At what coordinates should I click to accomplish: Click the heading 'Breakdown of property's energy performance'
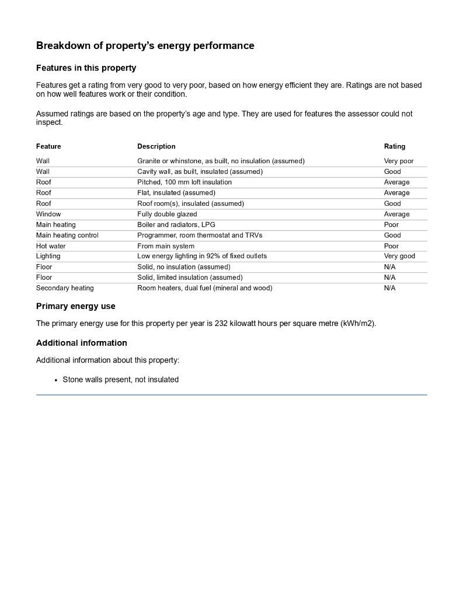(145, 45)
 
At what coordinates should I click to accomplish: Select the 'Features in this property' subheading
(86, 68)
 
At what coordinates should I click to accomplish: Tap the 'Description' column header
(156, 146)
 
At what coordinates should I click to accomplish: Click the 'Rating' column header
(394, 146)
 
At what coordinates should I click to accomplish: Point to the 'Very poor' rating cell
(398, 161)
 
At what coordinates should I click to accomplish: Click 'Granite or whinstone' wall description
(221, 161)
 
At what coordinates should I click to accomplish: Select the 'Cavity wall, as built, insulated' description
(200, 171)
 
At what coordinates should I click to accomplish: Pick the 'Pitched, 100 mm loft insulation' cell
(184, 182)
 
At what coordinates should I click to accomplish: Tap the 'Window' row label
(48, 214)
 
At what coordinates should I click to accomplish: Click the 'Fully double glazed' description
(167, 214)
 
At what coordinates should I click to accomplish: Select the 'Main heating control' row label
(67, 235)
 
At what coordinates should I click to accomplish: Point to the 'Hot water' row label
(51, 246)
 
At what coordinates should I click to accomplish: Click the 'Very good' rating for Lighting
(399, 256)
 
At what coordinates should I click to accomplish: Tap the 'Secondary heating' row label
(65, 288)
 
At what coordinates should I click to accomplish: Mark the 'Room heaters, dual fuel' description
(204, 288)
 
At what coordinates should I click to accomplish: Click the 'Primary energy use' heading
(75, 306)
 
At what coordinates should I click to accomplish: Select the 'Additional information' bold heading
(81, 343)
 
